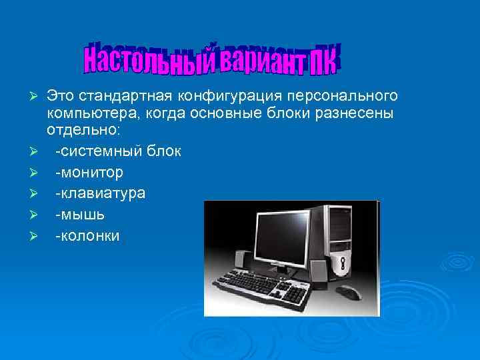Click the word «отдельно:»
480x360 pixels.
(x=83, y=133)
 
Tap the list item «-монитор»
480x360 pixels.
(x=89, y=173)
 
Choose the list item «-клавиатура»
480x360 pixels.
(x=100, y=193)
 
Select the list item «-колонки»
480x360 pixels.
(x=87, y=235)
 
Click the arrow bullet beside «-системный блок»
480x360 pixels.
(x=39, y=153)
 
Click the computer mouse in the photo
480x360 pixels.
(x=347, y=291)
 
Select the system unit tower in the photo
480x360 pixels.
(x=341, y=240)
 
